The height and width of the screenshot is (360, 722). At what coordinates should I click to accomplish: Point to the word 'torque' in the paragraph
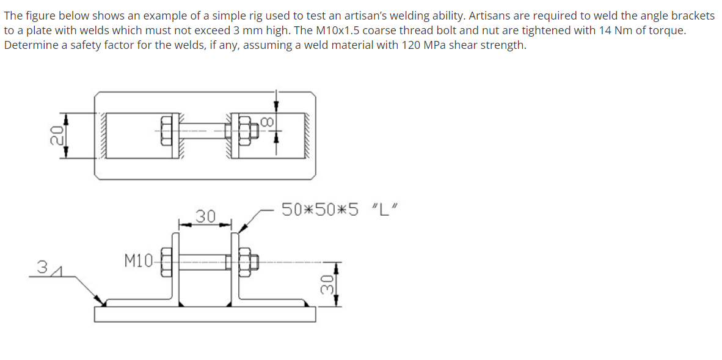668,31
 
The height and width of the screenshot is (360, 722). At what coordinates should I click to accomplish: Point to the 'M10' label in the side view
137,261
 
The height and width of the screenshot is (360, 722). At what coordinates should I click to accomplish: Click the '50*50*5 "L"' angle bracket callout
340,209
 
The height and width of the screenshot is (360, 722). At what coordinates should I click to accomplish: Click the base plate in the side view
205,314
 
